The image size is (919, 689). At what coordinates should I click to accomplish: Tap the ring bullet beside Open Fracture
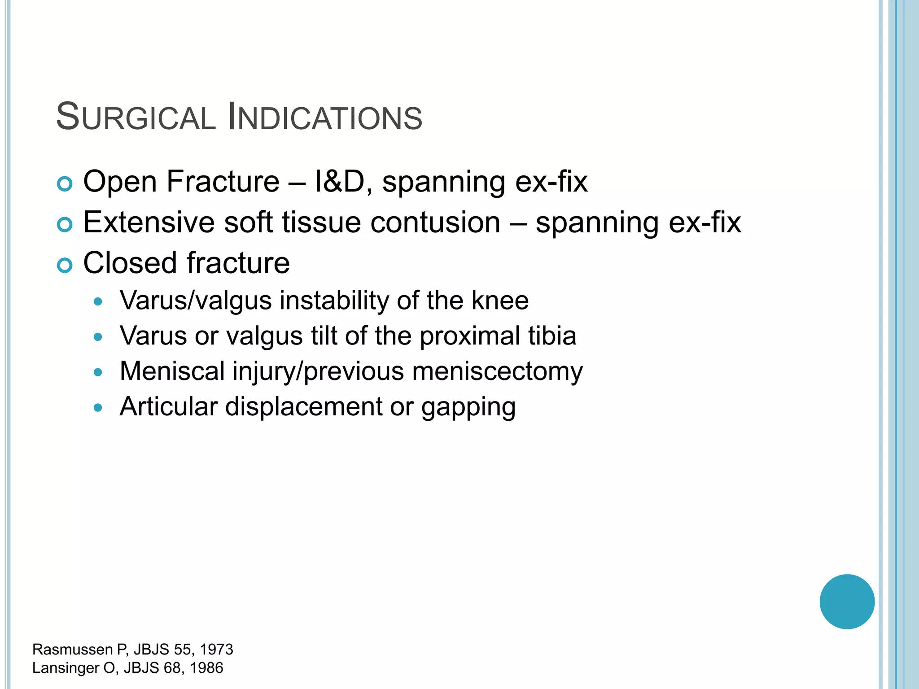pos(65,184)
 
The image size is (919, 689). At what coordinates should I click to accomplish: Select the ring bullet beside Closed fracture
pos(65,265)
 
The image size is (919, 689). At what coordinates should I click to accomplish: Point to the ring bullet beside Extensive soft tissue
pos(65,224)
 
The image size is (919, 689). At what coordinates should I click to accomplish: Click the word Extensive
pos(149,222)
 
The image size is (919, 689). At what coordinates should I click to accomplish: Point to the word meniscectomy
pos(497,372)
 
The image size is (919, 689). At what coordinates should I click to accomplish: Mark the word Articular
pos(168,407)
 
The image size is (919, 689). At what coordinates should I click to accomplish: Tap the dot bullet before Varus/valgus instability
pos(98,301)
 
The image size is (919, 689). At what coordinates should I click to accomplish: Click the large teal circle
pos(847,602)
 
